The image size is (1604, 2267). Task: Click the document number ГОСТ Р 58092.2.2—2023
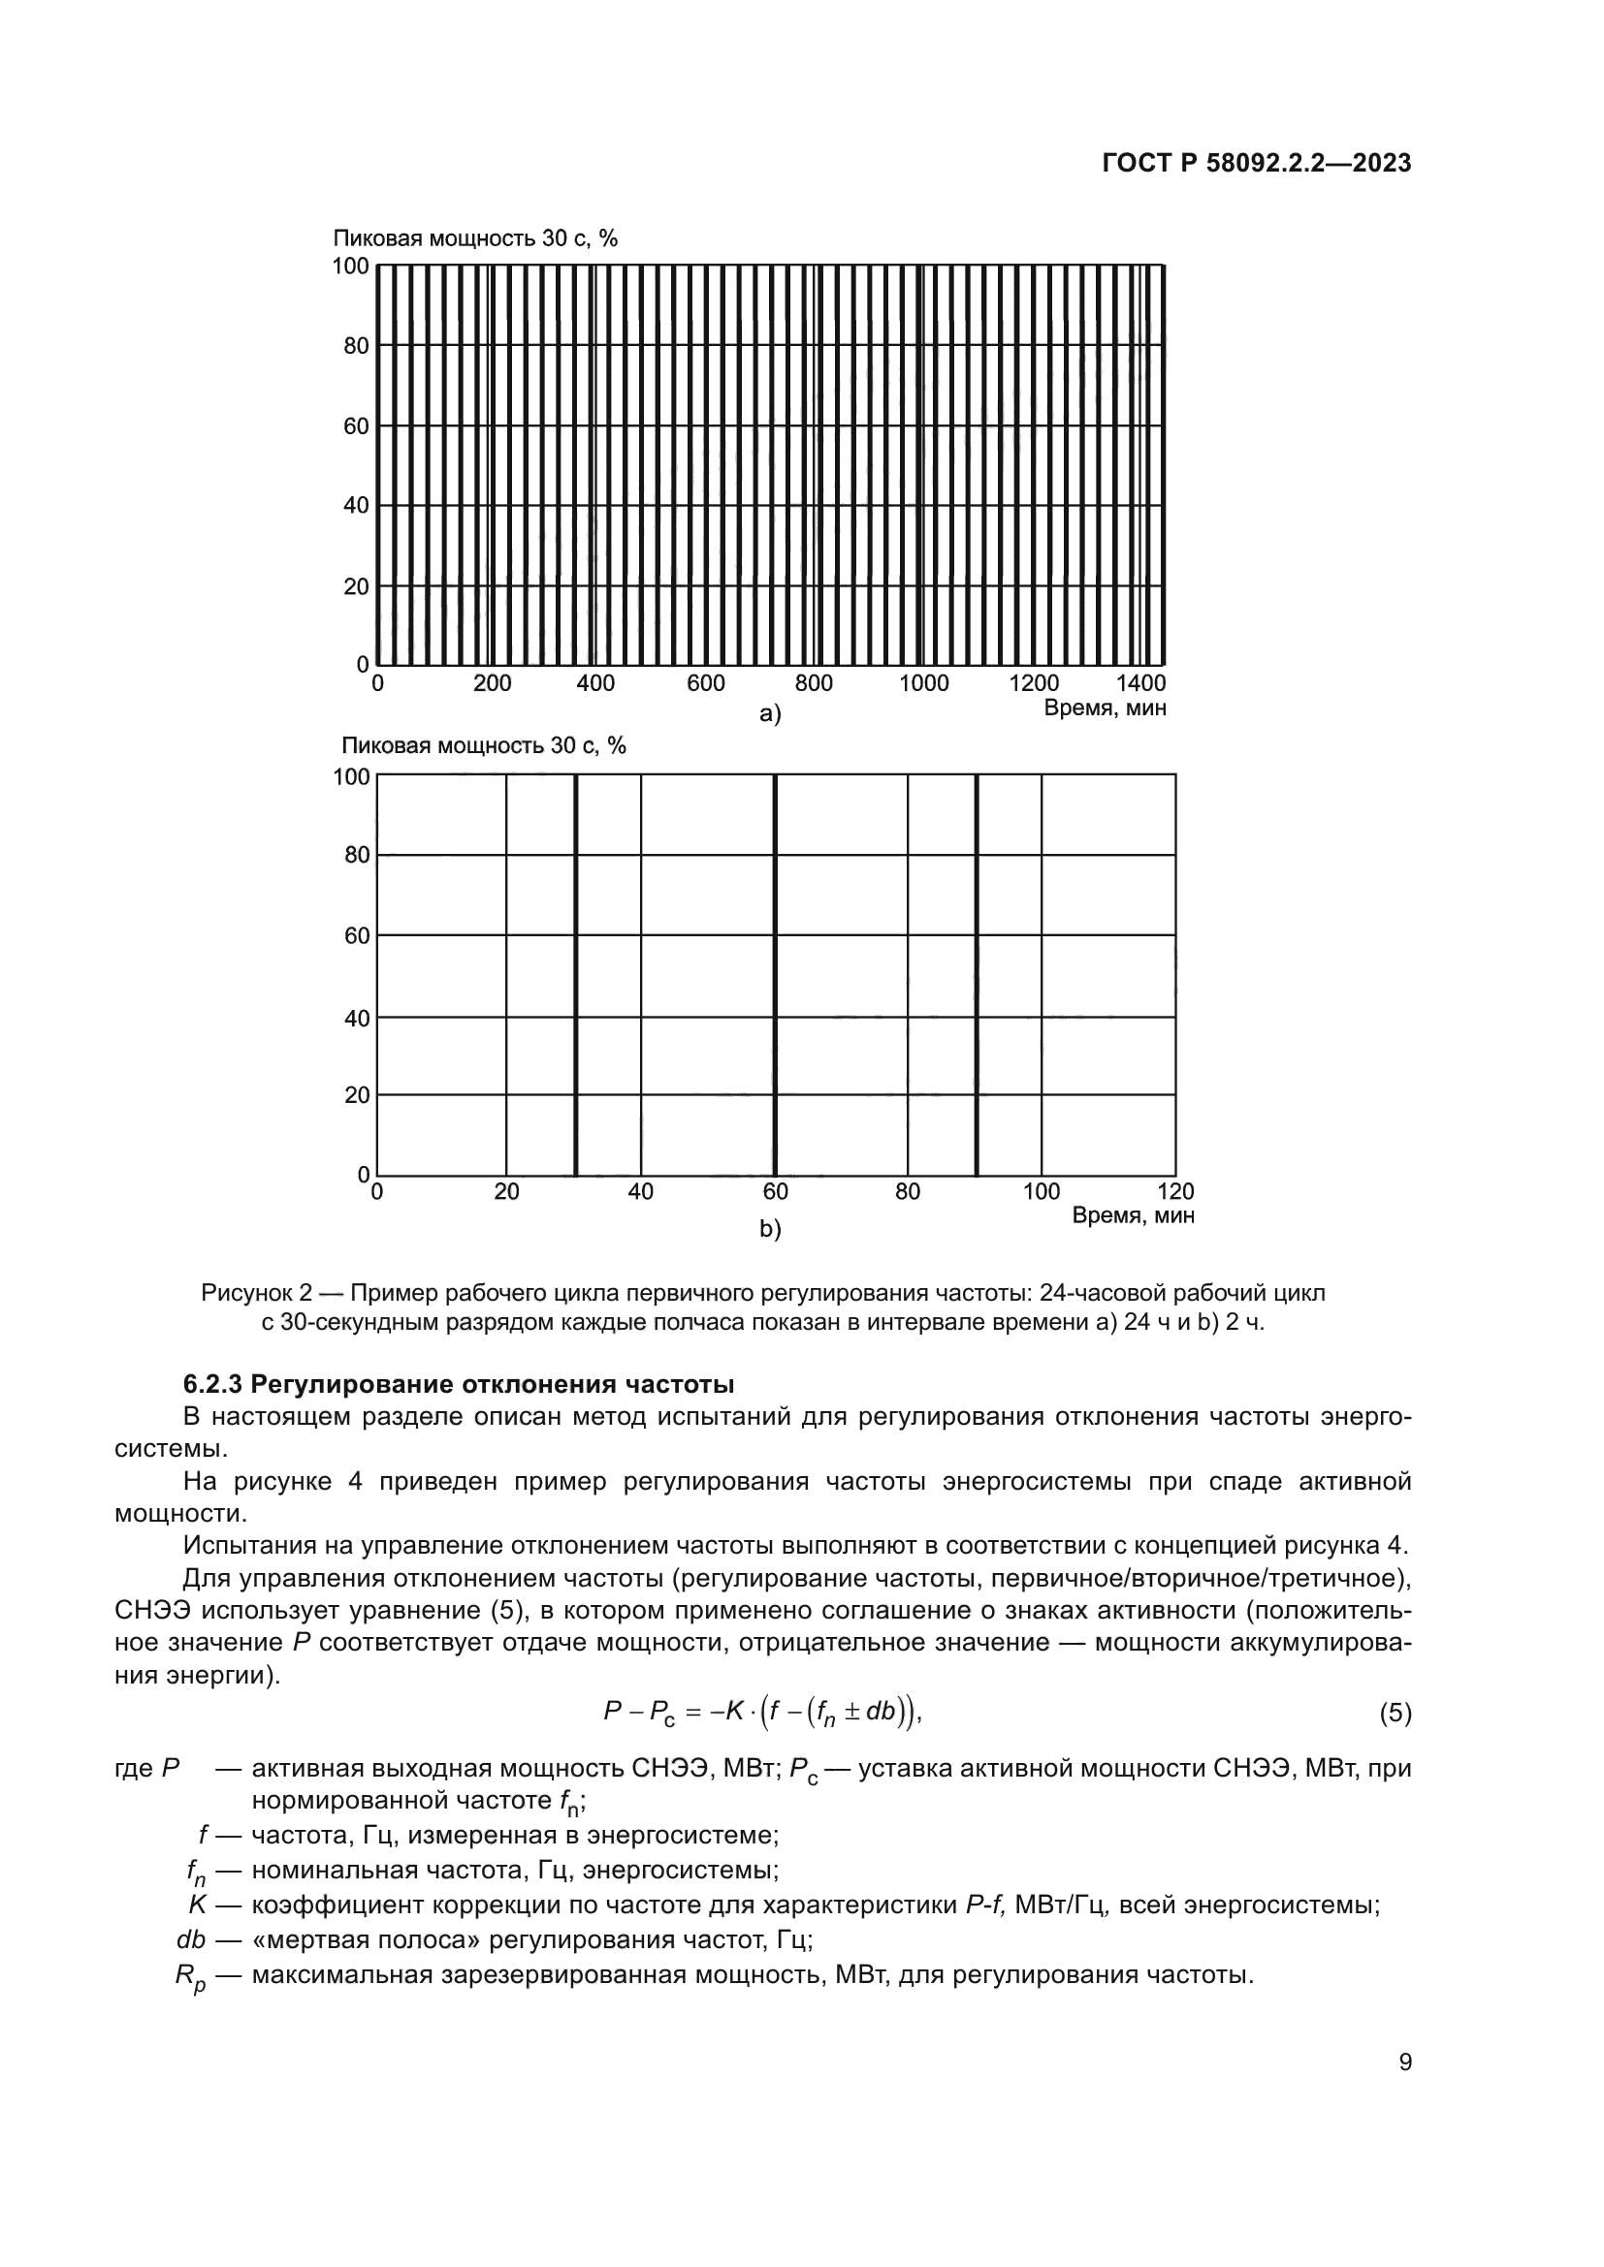pyautogui.click(x=1256, y=164)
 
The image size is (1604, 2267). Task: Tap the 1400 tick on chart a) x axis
pyautogui.click(x=1141, y=683)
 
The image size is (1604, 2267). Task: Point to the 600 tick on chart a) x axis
pyautogui.click(x=705, y=683)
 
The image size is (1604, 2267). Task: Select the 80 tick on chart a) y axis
pyautogui.click(x=357, y=346)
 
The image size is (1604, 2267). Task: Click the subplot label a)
pyautogui.click(x=769, y=715)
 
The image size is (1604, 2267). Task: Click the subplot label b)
pyautogui.click(x=769, y=1229)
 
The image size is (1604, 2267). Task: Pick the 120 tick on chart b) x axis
pyautogui.click(x=1175, y=1192)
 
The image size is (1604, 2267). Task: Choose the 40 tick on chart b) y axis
pyautogui.click(x=357, y=1017)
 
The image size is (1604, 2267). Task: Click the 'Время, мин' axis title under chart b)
pyautogui.click(x=1133, y=1215)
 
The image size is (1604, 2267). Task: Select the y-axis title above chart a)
pyautogui.click(x=475, y=238)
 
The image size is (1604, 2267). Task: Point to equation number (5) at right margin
pyautogui.click(x=1395, y=1713)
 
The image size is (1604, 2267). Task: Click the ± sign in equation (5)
pyautogui.click(x=851, y=1711)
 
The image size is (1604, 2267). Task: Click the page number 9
pyautogui.click(x=1405, y=2062)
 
